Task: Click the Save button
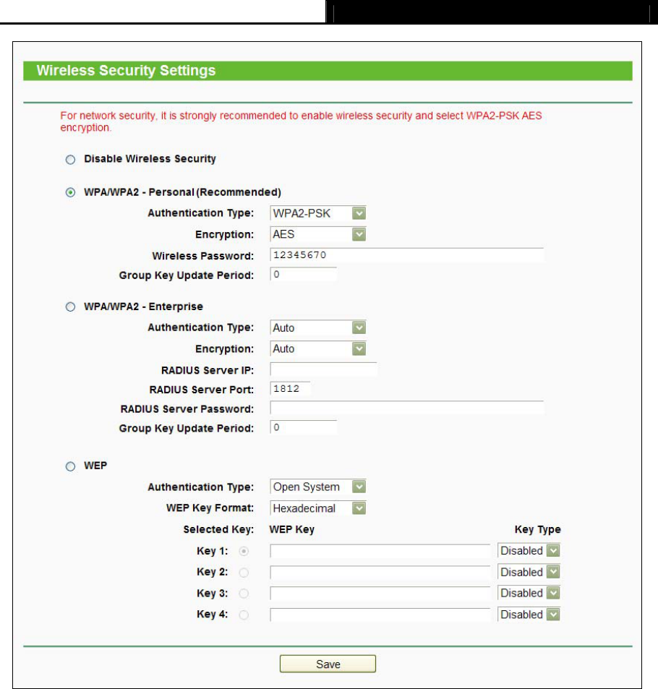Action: pos(328,664)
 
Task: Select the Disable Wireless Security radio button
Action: pos(70,158)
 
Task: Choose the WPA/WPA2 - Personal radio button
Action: pos(70,192)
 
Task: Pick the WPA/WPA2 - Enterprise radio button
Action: pos(70,307)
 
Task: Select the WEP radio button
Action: pos(70,466)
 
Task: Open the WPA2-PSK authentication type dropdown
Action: pos(318,213)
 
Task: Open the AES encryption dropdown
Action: pos(318,234)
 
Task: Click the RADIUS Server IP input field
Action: pos(323,370)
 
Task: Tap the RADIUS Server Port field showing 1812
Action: pos(289,388)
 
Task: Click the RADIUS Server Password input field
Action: pos(406,408)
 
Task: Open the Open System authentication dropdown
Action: pos(318,487)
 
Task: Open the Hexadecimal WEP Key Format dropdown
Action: pos(318,508)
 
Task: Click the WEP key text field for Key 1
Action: pos(380,551)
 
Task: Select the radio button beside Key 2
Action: pos(243,573)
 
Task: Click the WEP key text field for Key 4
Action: pos(380,615)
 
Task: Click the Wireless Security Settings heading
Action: pos(126,71)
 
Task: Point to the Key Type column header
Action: pos(537,530)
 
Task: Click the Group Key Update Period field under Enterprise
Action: pos(303,429)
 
